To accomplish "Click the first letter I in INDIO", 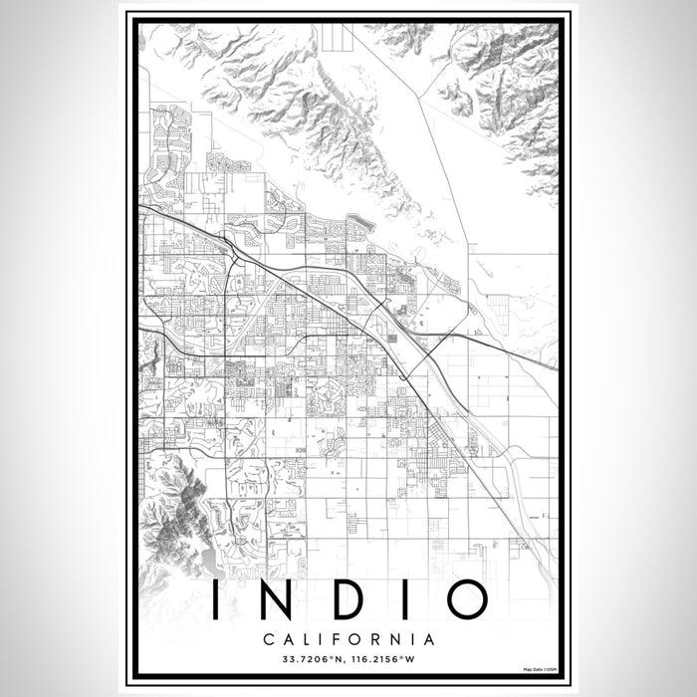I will click(x=216, y=598).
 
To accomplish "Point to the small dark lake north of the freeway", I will click(x=357, y=221).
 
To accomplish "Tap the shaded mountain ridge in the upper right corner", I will click(x=508, y=90).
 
